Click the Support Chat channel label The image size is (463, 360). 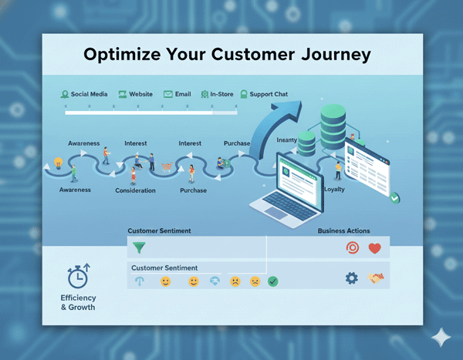pyautogui.click(x=269, y=94)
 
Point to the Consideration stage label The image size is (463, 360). pyautogui.click(x=135, y=190)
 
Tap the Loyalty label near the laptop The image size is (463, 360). pyautogui.click(x=334, y=189)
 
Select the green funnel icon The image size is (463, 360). pyautogui.click(x=139, y=248)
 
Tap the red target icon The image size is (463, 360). pyautogui.click(x=352, y=248)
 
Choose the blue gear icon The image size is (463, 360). pyautogui.click(x=352, y=278)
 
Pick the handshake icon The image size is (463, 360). pyautogui.click(x=376, y=278)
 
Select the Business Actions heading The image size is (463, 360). pyautogui.click(x=343, y=230)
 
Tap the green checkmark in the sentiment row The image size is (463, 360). pyautogui.click(x=273, y=281)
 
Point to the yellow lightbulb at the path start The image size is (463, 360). pyautogui.click(x=58, y=163)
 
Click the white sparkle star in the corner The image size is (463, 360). pyautogui.click(x=441, y=338)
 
